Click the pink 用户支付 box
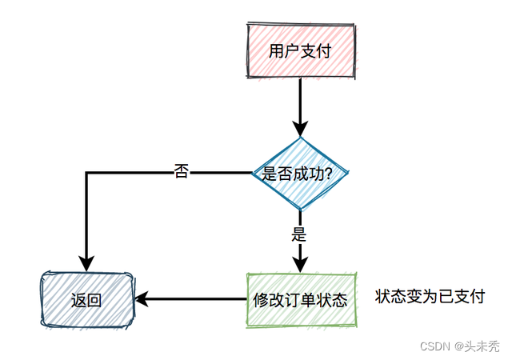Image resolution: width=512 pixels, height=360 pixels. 300,51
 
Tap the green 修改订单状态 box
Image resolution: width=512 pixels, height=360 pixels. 300,300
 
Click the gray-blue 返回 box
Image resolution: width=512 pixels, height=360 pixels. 86,300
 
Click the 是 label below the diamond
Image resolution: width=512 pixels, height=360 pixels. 300,235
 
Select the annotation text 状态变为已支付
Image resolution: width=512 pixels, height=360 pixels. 430,297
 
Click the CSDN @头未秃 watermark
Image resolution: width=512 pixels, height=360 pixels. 459,346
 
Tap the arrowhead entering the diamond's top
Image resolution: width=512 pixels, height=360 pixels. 300,130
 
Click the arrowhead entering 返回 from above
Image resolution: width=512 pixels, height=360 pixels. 86,263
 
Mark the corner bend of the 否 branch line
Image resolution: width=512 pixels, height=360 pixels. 86,173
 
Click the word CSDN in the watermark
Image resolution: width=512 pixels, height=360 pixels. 434,346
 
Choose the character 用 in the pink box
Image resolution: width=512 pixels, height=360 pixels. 276,51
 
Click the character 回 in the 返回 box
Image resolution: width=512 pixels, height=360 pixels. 94,301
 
